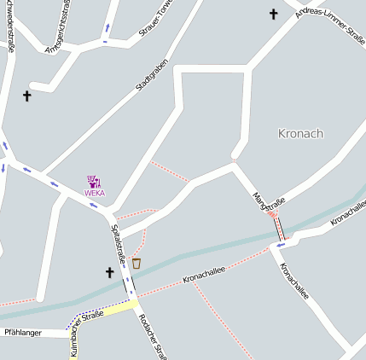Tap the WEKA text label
tap(95, 193)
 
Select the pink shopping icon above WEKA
tap(94, 181)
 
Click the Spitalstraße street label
tap(119, 243)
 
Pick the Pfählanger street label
tap(22, 332)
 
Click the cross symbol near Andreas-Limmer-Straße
tap(274, 14)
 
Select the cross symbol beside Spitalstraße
tap(109, 272)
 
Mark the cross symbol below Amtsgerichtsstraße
tap(26, 96)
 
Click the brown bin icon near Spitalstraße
tap(137, 263)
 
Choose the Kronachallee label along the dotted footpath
tap(204, 274)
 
